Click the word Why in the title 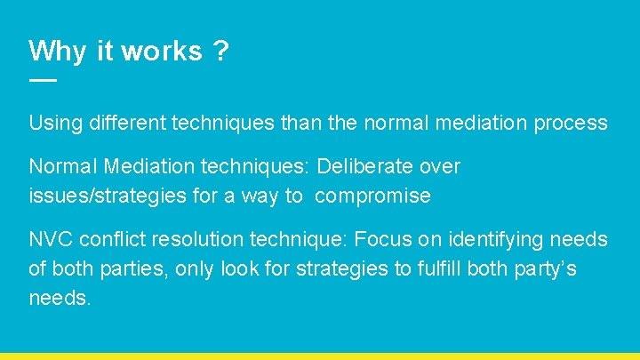[58, 51]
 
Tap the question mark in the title [220, 51]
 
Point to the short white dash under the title [42, 80]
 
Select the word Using [54, 123]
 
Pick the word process [571, 123]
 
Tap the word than [298, 123]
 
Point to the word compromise [372, 196]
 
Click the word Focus [382, 239]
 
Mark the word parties [136, 268]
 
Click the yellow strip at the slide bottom [320, 356]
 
